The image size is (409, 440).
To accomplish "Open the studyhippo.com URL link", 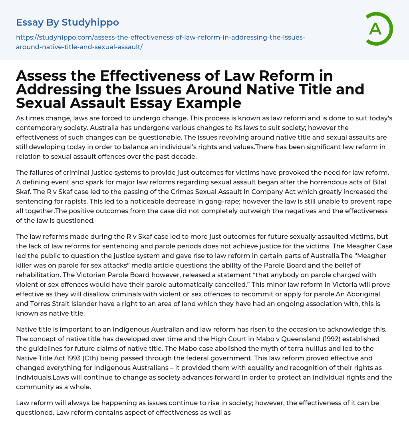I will [160, 42].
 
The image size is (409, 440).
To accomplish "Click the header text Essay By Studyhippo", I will [68, 22].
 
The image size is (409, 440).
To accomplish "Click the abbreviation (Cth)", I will [102, 358].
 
